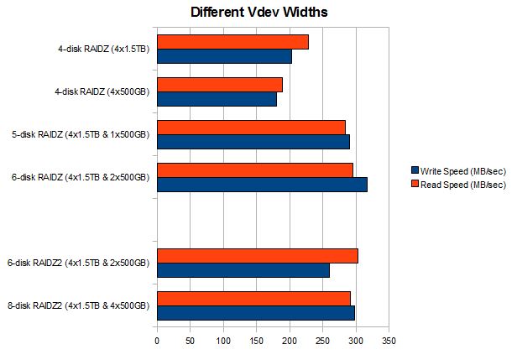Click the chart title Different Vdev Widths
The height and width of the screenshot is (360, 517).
click(x=258, y=13)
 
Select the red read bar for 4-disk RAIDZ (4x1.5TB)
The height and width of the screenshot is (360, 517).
click(x=232, y=42)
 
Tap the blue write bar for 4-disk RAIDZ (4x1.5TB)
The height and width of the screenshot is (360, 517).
click(x=224, y=56)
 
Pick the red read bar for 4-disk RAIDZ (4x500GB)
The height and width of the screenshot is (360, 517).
click(x=220, y=85)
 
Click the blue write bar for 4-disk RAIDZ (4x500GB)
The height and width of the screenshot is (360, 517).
click(x=217, y=99)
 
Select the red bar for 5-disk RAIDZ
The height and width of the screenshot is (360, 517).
click(x=251, y=128)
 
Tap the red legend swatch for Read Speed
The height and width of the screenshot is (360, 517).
click(x=414, y=184)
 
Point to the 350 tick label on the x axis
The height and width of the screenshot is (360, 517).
click(x=389, y=342)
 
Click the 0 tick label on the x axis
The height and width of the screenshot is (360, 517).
click(x=157, y=342)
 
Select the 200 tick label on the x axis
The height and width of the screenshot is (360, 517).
click(x=290, y=342)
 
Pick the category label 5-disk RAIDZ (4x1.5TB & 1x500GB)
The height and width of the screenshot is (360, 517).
click(x=81, y=134)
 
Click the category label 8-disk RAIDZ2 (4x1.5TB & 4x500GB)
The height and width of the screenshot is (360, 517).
click(x=78, y=305)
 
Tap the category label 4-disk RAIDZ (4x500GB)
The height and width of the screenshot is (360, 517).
click(x=99, y=91)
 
